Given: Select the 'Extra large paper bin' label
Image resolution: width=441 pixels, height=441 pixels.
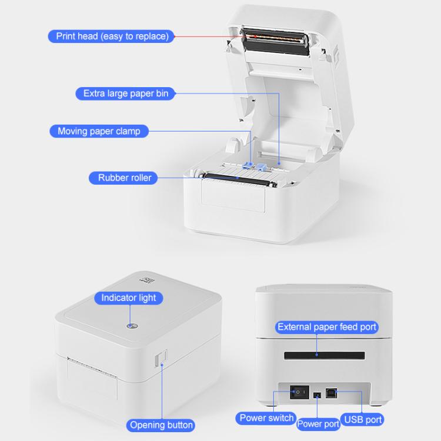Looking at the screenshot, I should pos(125,93).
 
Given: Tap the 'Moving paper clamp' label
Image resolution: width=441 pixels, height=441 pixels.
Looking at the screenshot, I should pos(99,131).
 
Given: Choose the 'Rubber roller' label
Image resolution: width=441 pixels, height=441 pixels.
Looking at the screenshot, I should pos(124,178).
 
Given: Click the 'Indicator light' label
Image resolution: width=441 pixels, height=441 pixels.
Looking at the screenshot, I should pos(129,298).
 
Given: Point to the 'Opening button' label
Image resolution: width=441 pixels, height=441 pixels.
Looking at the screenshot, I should pos(161,425).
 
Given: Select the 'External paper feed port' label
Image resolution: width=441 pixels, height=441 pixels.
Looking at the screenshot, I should pos(327,327).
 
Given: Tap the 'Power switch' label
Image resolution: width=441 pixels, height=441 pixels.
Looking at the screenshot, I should pos(266,418).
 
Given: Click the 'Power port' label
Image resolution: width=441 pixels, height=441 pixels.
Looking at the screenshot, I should pos(318,423).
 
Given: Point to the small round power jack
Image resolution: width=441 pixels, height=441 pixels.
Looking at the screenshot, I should pos(318,395).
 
